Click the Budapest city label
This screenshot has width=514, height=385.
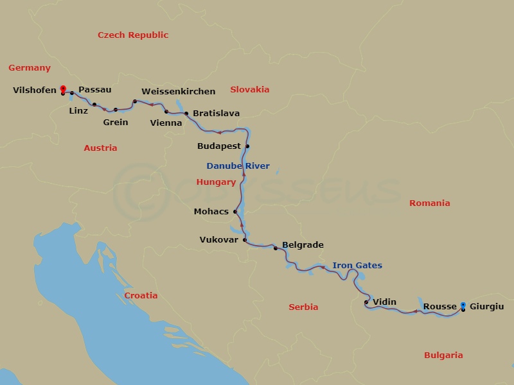point(218,146)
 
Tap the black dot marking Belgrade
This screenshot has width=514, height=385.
point(276,248)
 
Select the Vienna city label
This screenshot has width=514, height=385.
point(166,123)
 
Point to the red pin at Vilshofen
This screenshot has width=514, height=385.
point(62,89)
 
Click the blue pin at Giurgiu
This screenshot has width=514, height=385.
point(463,305)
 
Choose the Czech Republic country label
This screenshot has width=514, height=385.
point(133,35)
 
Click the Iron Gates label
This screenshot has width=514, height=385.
point(357,266)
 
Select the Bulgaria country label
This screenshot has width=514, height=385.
point(443,355)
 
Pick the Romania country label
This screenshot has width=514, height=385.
point(430,203)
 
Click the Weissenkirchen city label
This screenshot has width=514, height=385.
point(178,92)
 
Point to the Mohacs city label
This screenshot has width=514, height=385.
point(211,212)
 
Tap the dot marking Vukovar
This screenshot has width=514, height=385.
point(245,240)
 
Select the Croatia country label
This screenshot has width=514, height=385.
point(141,296)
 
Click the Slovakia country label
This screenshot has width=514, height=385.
point(249,90)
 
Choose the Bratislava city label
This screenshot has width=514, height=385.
point(216,114)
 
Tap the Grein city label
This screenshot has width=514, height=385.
point(116,123)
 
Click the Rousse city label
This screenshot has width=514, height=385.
point(440,307)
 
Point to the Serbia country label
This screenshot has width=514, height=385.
point(303,307)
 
